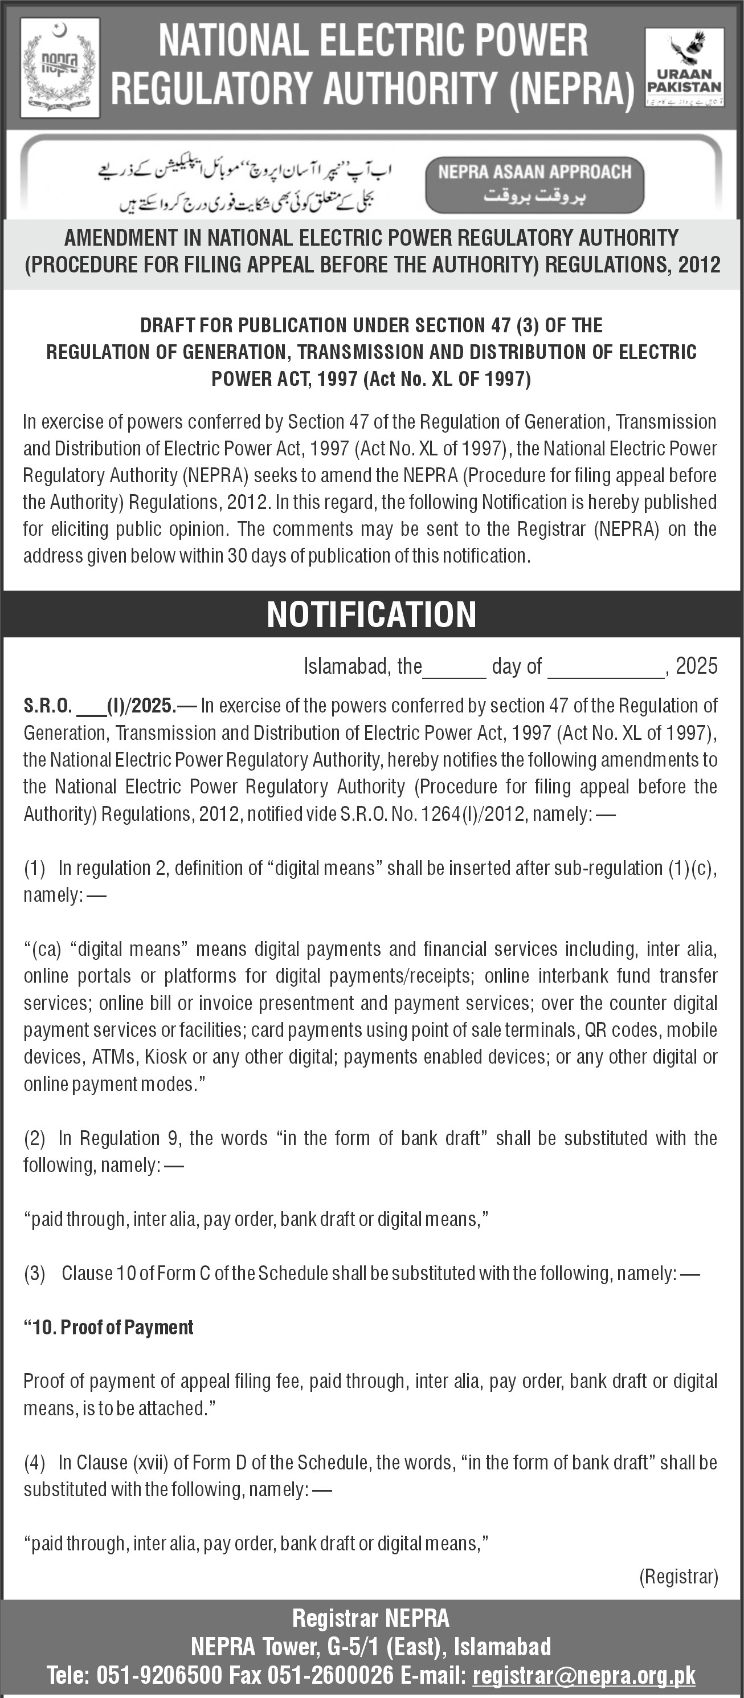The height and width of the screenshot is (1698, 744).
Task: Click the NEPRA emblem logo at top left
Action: pos(60,68)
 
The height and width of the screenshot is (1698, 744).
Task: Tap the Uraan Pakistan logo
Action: pos(684,68)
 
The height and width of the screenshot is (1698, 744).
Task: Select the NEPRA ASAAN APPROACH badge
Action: pos(534,185)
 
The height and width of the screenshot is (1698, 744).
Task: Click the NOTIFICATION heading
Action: pos(371,614)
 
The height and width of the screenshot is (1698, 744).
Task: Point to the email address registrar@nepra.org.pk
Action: pos(584,1675)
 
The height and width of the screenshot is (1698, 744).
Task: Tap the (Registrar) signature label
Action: pos(678,1577)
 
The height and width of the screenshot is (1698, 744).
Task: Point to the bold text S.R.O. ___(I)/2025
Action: pos(100,706)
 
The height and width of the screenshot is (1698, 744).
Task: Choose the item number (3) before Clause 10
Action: pos(34,1273)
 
